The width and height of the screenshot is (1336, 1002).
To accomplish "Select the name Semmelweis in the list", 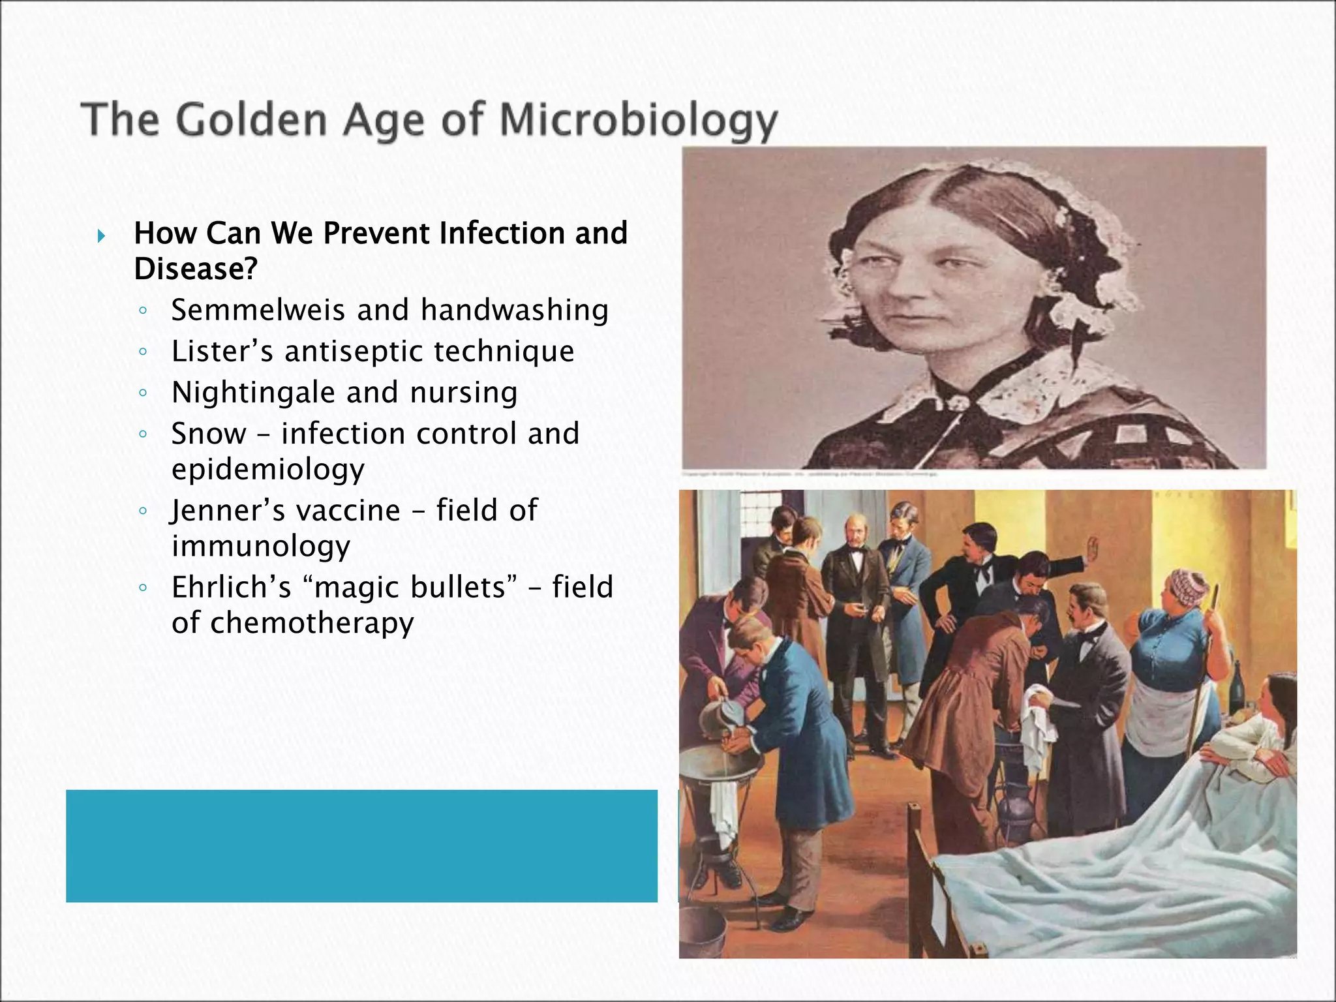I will point(258,310).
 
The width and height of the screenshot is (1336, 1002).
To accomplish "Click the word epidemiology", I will point(268,470).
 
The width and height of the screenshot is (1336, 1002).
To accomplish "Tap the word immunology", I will point(261,547).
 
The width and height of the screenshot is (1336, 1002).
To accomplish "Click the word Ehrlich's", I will point(231,587).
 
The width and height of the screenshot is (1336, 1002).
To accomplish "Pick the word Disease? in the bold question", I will point(196,269).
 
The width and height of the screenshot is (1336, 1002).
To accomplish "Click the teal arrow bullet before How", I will point(100,235).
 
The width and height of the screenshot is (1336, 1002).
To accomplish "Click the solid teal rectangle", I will point(361,845).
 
